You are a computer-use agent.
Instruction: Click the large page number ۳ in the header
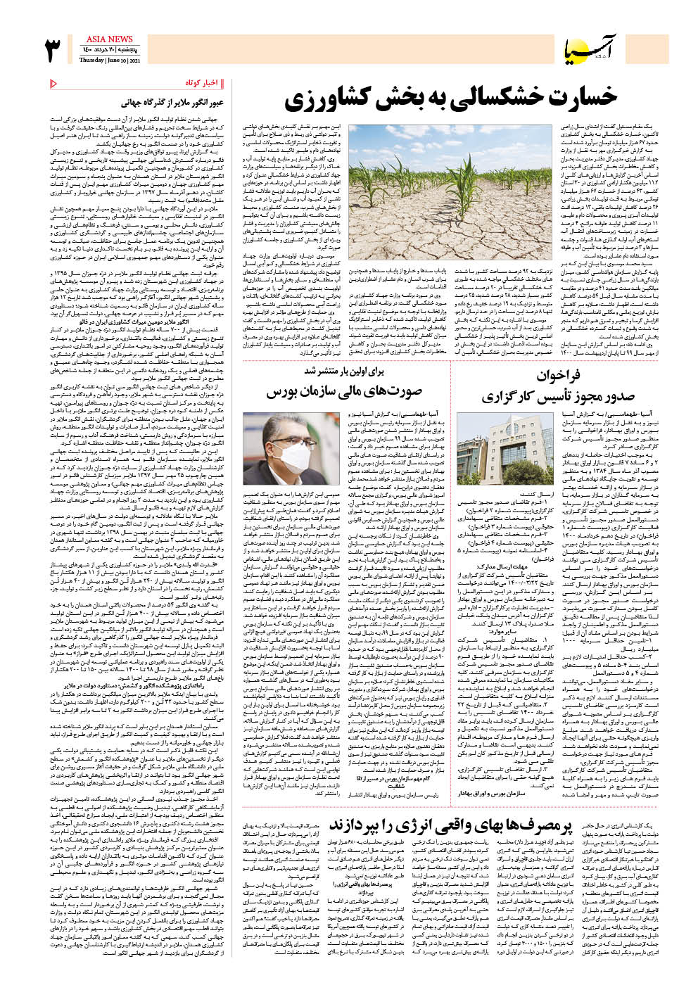click(53, 50)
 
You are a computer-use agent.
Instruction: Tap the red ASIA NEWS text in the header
click(109, 39)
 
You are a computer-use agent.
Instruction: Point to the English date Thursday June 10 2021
click(109, 61)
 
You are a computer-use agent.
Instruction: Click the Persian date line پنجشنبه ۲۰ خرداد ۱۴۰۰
click(109, 50)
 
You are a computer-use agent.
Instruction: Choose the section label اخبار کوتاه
click(201, 83)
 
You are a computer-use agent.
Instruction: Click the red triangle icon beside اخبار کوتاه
click(54, 84)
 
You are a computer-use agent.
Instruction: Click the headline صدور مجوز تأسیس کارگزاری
click(548, 396)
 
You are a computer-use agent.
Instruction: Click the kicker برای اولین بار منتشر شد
click(345, 370)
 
